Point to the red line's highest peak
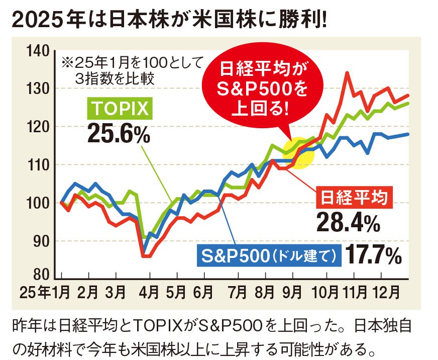pyautogui.click(x=347, y=72)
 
